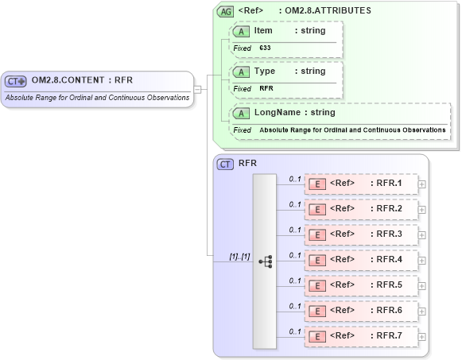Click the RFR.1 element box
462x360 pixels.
click(x=362, y=185)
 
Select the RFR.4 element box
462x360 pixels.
click(x=362, y=259)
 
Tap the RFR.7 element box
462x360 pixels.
click(x=362, y=335)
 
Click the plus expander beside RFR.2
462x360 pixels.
click(x=422, y=210)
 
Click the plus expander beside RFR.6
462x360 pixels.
click(x=422, y=311)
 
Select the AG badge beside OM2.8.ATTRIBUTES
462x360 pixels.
click(x=226, y=11)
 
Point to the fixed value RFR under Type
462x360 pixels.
click(x=266, y=88)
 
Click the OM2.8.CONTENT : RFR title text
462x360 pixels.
click(x=82, y=80)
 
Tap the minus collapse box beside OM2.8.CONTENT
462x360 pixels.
click(x=196, y=89)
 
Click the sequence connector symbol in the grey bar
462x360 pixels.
click(x=265, y=260)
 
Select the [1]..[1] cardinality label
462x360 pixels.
click(x=239, y=256)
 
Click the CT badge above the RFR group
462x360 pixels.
click(x=226, y=164)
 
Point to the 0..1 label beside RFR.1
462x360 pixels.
click(x=294, y=180)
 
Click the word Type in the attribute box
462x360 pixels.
click(x=265, y=72)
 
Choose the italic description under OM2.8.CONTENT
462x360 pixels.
click(x=97, y=98)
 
